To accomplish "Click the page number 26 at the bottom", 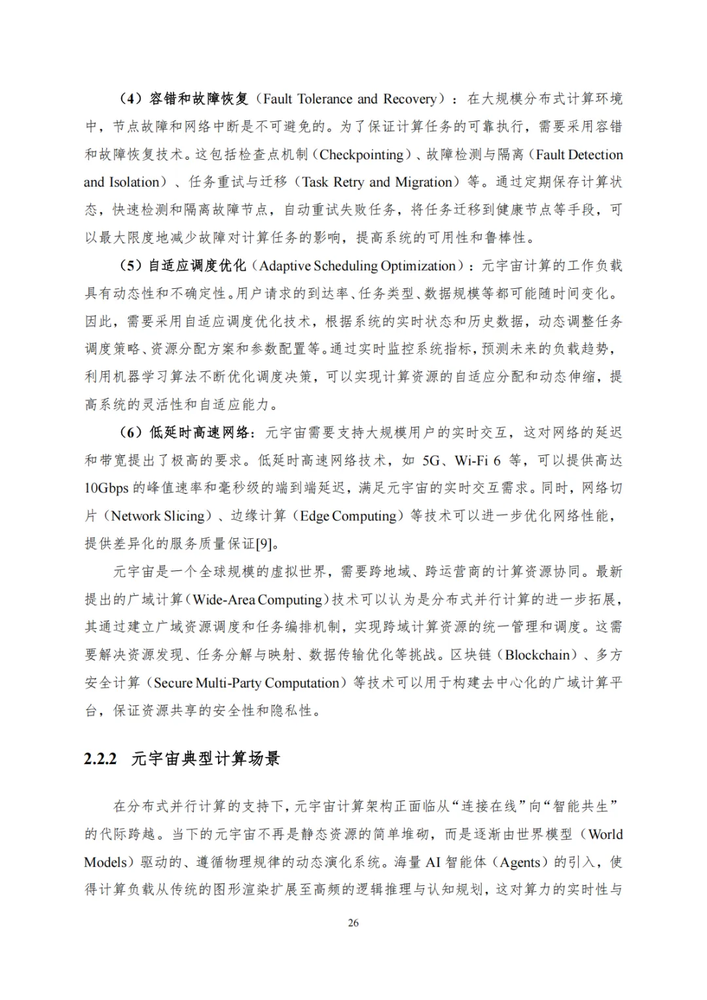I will (x=353, y=923).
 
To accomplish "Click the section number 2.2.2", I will (x=100, y=758).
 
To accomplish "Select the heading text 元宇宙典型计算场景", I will (x=206, y=758).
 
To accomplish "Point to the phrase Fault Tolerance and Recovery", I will (x=350, y=99).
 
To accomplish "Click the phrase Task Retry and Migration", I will (x=377, y=182).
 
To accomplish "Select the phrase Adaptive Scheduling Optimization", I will (x=357, y=266).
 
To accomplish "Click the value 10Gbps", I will (x=106, y=488).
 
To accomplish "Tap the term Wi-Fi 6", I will (x=477, y=460).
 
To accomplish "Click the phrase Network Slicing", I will (x=158, y=516).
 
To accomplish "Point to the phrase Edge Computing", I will (x=348, y=516).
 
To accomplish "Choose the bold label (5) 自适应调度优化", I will (x=183, y=266).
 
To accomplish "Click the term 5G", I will (x=431, y=460).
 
